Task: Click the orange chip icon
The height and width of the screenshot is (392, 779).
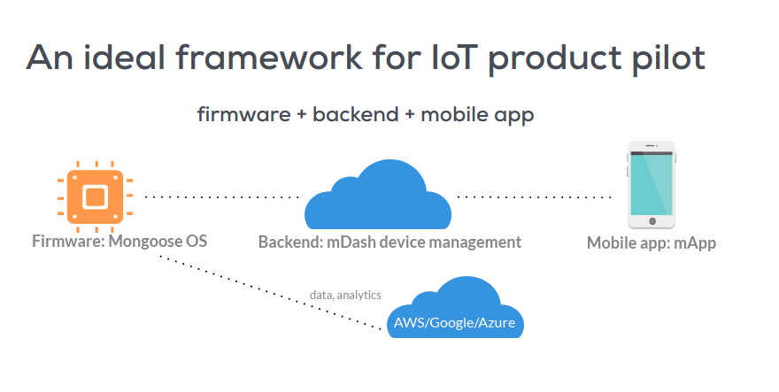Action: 95,196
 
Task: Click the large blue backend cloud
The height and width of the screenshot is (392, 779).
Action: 376,199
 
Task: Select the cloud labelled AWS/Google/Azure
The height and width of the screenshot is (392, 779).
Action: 453,310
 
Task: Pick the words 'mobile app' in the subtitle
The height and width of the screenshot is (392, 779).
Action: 478,116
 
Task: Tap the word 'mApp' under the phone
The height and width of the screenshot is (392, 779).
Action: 694,243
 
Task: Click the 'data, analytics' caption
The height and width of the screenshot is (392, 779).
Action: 345,295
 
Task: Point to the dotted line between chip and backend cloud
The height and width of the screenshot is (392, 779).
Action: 221,196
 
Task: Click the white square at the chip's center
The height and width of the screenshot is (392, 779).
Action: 95,196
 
